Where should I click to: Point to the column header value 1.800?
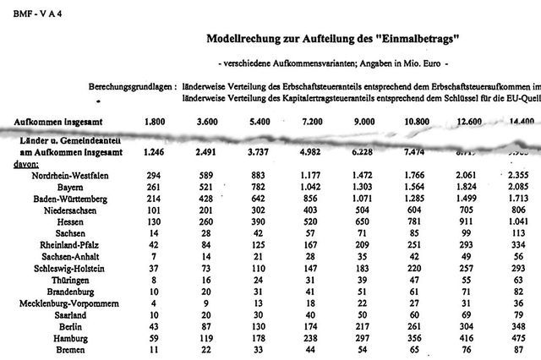[x=155, y=122]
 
